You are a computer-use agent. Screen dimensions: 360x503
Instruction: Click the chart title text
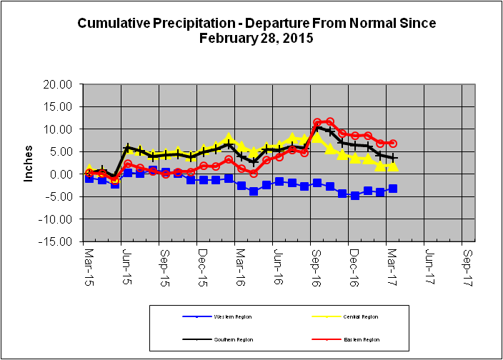[x=256, y=31]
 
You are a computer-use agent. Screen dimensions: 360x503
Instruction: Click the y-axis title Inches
[x=29, y=164]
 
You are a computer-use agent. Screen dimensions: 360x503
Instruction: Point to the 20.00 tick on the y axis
[x=58, y=84]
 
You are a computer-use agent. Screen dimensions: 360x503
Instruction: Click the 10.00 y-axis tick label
[x=58, y=129]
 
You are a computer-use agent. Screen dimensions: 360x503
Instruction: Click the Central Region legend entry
[x=354, y=316]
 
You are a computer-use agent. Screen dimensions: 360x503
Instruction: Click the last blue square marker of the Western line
[x=393, y=189]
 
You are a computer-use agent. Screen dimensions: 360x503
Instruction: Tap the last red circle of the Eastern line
[x=393, y=144]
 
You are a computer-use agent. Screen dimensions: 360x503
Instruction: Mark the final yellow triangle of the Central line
[x=393, y=166]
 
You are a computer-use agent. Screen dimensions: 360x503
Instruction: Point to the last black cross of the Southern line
[x=393, y=157]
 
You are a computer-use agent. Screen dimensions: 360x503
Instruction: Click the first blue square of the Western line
[x=89, y=178]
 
